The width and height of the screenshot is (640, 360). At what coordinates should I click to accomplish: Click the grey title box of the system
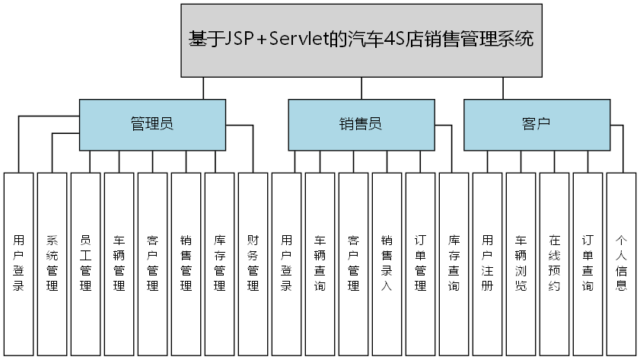(361, 40)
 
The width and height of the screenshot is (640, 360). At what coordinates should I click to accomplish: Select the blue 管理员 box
(152, 125)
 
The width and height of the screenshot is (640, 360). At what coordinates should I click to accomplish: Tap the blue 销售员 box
(361, 125)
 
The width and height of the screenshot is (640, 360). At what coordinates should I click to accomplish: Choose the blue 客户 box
(537, 125)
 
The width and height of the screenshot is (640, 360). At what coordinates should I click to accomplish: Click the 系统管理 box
(52, 263)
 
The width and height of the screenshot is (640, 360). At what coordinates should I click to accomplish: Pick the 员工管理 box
(85, 263)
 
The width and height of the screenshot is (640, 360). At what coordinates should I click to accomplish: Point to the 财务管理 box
(253, 263)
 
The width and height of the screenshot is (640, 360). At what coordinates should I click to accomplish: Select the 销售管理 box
(186, 263)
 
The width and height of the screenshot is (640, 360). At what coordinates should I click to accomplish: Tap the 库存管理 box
(219, 263)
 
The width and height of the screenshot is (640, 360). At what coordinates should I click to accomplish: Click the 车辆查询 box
(320, 263)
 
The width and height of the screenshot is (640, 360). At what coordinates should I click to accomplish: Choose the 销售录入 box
(387, 263)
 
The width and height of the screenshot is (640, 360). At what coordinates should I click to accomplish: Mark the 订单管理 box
(420, 263)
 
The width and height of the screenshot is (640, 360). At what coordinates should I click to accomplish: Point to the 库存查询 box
(454, 263)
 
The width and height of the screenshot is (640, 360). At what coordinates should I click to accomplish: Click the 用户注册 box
(487, 263)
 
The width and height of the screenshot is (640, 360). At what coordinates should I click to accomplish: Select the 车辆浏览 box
(521, 263)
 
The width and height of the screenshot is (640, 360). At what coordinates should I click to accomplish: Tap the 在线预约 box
(554, 263)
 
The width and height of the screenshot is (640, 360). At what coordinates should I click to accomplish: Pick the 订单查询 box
(587, 263)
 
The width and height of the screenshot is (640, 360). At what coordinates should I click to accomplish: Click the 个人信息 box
(621, 263)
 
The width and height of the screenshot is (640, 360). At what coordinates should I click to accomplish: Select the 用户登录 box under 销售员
(286, 263)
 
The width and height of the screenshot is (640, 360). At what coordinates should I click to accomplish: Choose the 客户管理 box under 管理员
(152, 263)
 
